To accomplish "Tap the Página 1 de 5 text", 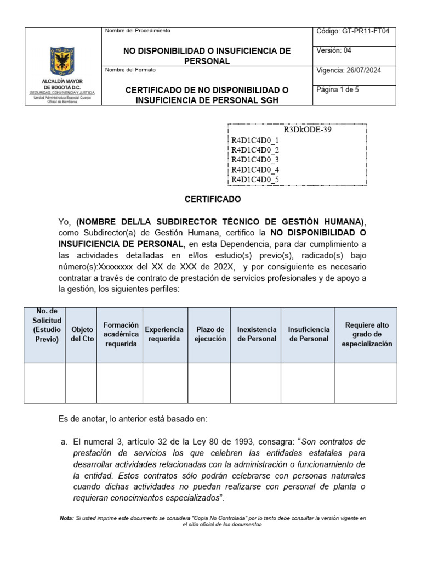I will point(338,89).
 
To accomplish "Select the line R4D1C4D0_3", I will point(255,160).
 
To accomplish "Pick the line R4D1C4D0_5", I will point(255,179).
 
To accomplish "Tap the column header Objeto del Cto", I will point(81,334).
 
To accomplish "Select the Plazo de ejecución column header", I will point(209,334).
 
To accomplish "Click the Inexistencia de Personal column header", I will point(257,334).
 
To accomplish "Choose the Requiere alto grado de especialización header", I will point(366,334).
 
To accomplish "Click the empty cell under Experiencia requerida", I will point(165,383).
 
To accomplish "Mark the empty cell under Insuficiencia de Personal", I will point(309,383).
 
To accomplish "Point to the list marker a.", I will point(62,442).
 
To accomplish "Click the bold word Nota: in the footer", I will point(66,518).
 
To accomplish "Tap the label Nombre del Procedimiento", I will point(138,31).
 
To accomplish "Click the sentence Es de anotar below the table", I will point(133,419).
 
